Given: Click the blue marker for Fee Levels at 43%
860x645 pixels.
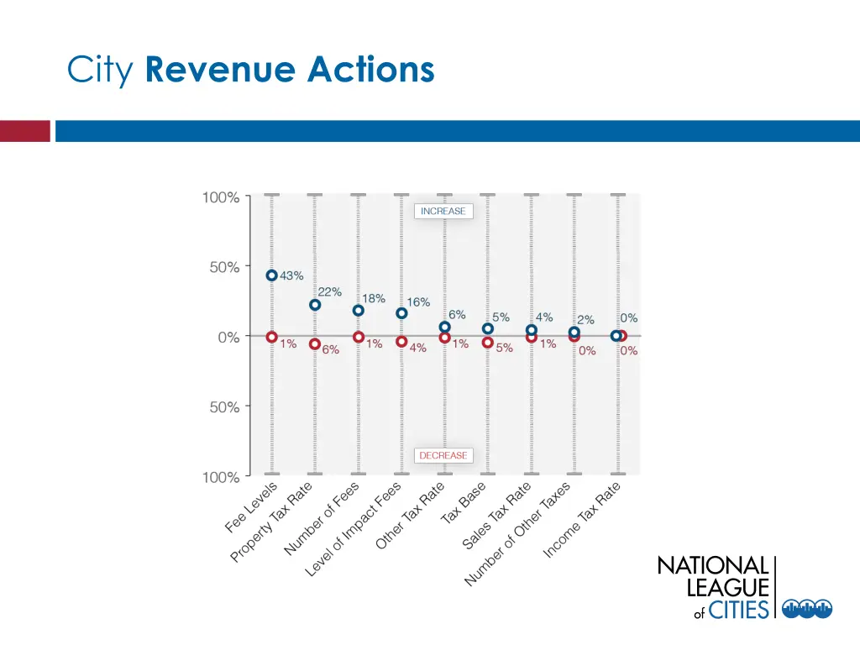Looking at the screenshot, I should pyautogui.click(x=271, y=275).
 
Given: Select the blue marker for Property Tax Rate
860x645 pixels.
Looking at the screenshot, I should pyautogui.click(x=315, y=305).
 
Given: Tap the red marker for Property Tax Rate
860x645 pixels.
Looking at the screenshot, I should pyautogui.click(x=315, y=344).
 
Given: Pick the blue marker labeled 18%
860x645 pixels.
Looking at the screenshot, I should pyautogui.click(x=359, y=310).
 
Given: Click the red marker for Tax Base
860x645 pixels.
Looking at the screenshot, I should pyautogui.click(x=488, y=343).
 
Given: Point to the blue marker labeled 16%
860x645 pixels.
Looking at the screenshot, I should pyautogui.click(x=401, y=313).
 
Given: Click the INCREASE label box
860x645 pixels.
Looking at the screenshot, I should pyautogui.click(x=443, y=212).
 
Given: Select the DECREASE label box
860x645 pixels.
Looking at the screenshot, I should pyautogui.click(x=443, y=455).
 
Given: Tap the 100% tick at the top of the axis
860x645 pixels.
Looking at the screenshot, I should pyautogui.click(x=221, y=198).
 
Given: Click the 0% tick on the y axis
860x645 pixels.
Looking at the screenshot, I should pyautogui.click(x=228, y=337).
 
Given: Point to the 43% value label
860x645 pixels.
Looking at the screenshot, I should pyautogui.click(x=291, y=275).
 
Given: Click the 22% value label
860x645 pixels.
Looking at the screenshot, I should pyautogui.click(x=329, y=292).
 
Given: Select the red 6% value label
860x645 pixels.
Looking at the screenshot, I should pyautogui.click(x=330, y=350).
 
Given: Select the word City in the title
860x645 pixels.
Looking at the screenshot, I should pyautogui.click(x=101, y=71).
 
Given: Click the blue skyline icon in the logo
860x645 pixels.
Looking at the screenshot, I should pyautogui.click(x=806, y=609).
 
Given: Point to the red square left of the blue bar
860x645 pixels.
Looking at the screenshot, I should pyautogui.click(x=25, y=131).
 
